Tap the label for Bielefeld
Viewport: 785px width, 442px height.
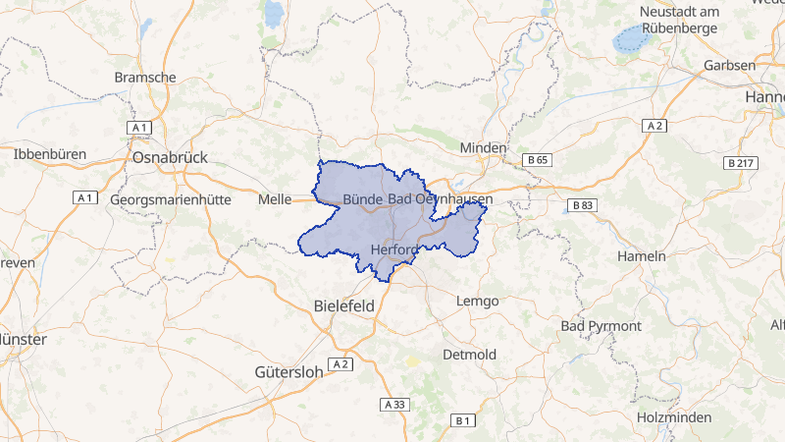343,305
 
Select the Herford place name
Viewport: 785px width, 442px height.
395,249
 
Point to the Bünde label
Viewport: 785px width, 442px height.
362,199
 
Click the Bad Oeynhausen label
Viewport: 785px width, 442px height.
441,199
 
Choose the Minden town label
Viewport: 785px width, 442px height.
484,147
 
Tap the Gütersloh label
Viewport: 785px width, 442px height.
288,372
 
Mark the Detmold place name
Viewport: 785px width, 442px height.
470,354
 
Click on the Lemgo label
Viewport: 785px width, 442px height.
478,301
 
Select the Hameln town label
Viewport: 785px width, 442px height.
642,255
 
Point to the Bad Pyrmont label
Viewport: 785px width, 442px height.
601,325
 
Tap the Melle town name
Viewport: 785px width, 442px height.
275,199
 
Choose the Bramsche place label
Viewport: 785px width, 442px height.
145,77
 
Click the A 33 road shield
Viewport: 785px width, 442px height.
394,404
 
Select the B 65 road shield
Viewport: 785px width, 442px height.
536,159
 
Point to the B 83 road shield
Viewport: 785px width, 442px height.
582,205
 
